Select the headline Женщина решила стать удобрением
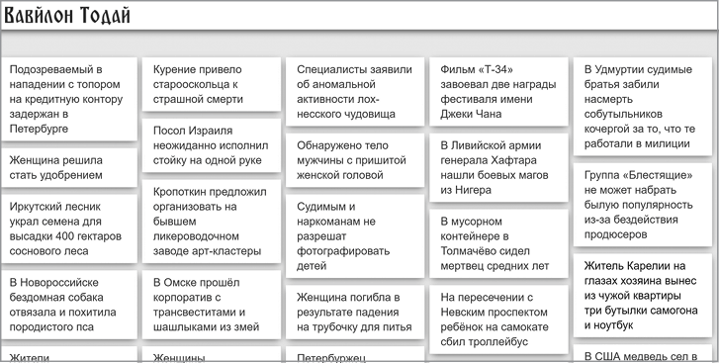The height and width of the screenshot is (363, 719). coord(55,167)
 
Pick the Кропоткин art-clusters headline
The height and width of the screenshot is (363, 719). coord(207,222)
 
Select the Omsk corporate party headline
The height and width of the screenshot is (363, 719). coord(206,305)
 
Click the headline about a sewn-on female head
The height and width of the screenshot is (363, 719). coord(348,159)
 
